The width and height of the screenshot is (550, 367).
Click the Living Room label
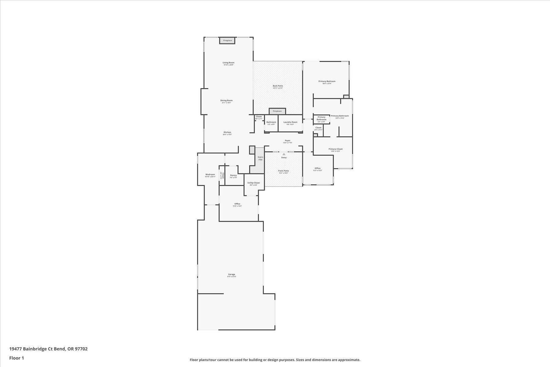pyautogui.click(x=228, y=63)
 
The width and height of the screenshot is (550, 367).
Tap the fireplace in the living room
pyautogui.click(x=227, y=40)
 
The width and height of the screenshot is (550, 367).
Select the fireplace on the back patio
pyautogui.click(x=277, y=111)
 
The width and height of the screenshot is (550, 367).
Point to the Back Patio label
pyautogui.click(x=278, y=86)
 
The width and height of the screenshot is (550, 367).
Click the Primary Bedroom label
pyautogui.click(x=327, y=81)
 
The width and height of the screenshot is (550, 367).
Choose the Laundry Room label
pyautogui.click(x=290, y=122)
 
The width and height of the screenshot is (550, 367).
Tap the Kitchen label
pyautogui.click(x=227, y=132)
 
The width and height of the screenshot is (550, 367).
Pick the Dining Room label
pyautogui.click(x=226, y=100)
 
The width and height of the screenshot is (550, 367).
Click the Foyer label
pyautogui.click(x=288, y=141)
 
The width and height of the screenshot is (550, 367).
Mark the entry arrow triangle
pyautogui.click(x=284, y=154)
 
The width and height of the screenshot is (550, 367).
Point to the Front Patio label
pyautogui.click(x=283, y=171)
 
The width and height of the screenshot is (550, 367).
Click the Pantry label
pyautogui.click(x=233, y=176)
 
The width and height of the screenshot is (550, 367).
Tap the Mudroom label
pyautogui.click(x=210, y=175)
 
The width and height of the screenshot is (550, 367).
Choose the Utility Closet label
pyautogui.click(x=254, y=183)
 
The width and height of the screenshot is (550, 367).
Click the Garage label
pyautogui.click(x=231, y=274)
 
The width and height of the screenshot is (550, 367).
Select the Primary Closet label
pyautogui.click(x=335, y=149)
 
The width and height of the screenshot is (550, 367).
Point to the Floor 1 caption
pyautogui.click(x=16, y=358)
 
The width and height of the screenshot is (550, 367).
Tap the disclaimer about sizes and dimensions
pyautogui.click(x=275, y=360)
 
